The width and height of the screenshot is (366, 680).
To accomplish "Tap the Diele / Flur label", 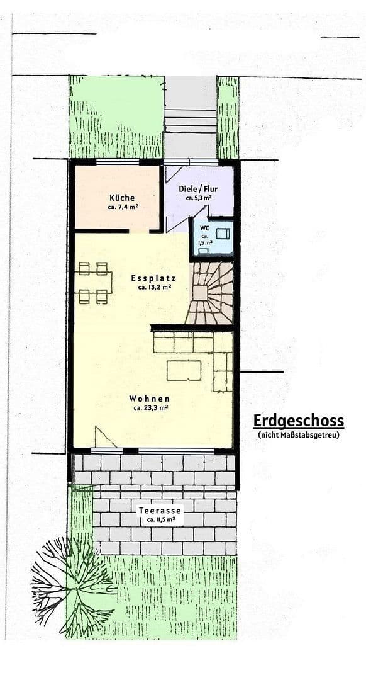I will pos(199,189).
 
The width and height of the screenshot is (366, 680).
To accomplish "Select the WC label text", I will pos(205,228).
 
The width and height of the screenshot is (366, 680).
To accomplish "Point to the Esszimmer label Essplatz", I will pos(153,278).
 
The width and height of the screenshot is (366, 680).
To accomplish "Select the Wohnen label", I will pos(150,399).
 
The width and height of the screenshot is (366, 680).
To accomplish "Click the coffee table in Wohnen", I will pos(184,370).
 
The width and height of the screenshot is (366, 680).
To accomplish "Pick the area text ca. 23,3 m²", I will pos(150,408).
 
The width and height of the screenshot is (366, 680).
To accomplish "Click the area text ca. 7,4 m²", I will pos(122,207).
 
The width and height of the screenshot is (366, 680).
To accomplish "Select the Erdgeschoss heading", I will pos(298,421).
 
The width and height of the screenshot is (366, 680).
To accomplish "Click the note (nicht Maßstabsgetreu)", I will pos(298,434).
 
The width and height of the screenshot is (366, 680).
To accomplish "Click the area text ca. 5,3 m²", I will pos(199,198).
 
